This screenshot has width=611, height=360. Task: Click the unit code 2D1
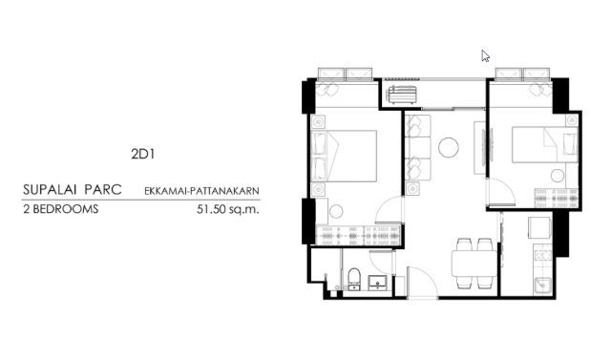click(x=143, y=155)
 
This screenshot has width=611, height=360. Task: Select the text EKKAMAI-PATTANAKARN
click(x=201, y=191)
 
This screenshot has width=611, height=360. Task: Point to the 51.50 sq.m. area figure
click(x=228, y=210)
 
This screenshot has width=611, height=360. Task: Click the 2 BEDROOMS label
click(x=61, y=210)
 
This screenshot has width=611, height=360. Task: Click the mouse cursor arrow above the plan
click(x=485, y=56)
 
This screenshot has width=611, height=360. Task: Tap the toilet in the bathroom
click(x=354, y=279)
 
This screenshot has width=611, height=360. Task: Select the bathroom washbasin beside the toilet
click(x=378, y=282)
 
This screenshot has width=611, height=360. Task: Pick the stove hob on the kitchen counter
click(x=542, y=256)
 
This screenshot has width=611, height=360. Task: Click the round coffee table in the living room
click(x=448, y=148)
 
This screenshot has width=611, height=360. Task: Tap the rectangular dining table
click(x=474, y=264)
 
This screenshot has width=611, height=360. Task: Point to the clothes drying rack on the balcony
click(x=402, y=95)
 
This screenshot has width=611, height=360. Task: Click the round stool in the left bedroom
click(x=336, y=212)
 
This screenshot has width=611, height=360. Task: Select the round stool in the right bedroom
click(x=558, y=176)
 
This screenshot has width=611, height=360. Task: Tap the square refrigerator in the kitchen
click(x=540, y=227)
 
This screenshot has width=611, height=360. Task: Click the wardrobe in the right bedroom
click(x=557, y=198)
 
